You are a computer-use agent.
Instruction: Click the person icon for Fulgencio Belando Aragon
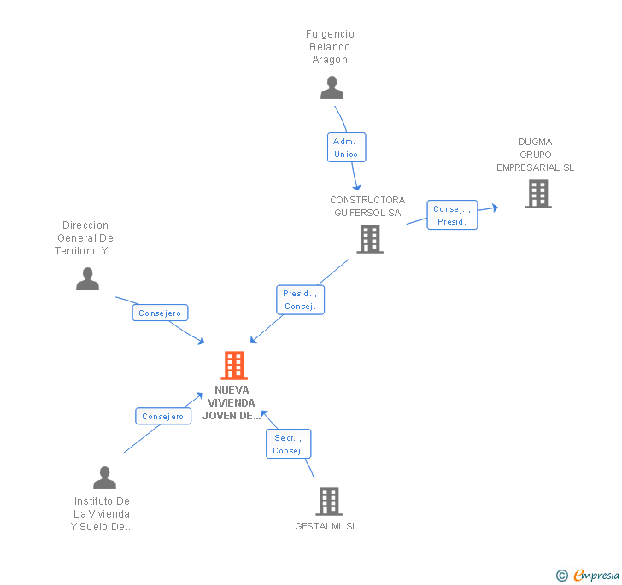pyautogui.click(x=332, y=87)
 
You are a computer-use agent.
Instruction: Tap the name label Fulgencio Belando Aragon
pyautogui.click(x=330, y=47)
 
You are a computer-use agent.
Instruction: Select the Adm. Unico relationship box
pyautogui.click(x=346, y=147)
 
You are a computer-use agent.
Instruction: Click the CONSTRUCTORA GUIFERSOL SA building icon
pyautogui.click(x=369, y=239)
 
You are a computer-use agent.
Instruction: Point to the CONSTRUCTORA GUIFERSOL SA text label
pyautogui.click(x=367, y=206)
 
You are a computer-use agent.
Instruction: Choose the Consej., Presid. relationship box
pyautogui.click(x=451, y=215)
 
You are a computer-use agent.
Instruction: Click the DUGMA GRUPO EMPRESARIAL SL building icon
pyautogui.click(x=537, y=194)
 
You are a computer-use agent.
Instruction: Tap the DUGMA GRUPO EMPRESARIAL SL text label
pyautogui.click(x=536, y=155)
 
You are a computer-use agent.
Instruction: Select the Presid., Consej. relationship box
pyautogui.click(x=300, y=300)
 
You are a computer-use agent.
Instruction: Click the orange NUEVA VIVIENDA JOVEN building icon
pyautogui.click(x=233, y=366)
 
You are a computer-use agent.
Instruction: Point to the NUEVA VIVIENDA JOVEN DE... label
pyautogui.click(x=232, y=403)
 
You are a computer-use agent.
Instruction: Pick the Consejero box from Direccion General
pyautogui.click(x=160, y=313)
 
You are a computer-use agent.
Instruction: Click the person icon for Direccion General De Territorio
pyautogui.click(x=87, y=278)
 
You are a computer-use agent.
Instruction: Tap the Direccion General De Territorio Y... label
pyautogui.click(x=85, y=238)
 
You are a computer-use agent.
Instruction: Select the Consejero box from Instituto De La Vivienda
pyautogui.click(x=162, y=417)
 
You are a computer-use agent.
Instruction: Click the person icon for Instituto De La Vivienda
pyautogui.click(x=104, y=478)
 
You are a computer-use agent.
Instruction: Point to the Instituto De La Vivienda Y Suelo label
pyautogui.click(x=103, y=513)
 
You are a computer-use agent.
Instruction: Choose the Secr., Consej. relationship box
pyautogui.click(x=288, y=444)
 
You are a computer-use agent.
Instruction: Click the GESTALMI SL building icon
pyautogui.click(x=329, y=500)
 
